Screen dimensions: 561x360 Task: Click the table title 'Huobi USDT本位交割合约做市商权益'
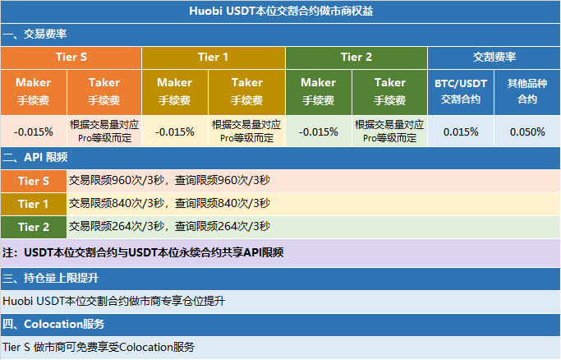coord(281,11)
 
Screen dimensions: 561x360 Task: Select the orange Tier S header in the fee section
coord(71,58)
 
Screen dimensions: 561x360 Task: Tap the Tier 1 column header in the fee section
coord(214,58)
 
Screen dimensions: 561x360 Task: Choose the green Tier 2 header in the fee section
coord(356,58)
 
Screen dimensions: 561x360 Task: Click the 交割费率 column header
coord(494,58)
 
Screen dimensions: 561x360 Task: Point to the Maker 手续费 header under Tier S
coord(34,91)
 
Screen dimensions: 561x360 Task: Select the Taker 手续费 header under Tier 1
coord(247,91)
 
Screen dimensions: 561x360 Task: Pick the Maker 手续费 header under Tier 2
coord(319,91)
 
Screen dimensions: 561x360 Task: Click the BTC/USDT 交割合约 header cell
coord(461,91)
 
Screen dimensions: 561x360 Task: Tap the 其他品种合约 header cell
coord(527,91)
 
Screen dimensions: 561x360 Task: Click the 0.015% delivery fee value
coord(461,132)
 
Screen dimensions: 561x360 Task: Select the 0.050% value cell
coord(527,132)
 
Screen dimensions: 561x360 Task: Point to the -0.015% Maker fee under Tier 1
coord(175,132)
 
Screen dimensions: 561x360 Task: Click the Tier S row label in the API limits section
coord(34,181)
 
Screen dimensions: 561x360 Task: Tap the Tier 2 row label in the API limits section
coord(34,227)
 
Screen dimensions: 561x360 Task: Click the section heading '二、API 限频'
coord(35,157)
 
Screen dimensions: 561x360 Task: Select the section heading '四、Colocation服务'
coord(53,324)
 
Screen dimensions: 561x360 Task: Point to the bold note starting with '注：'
coord(143,252)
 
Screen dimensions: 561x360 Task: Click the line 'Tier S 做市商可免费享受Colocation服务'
coord(99,347)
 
